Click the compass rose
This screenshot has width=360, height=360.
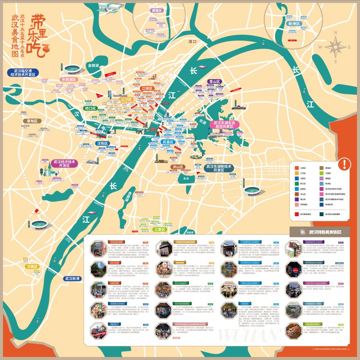click(x=336, y=46)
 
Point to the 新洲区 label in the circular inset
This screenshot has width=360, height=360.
click(x=294, y=23)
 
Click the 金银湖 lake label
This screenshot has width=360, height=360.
click(x=93, y=65)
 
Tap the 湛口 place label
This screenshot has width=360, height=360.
click(x=192, y=41)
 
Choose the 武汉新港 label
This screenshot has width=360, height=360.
click(x=72, y=278)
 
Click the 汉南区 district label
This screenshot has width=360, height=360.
click(x=32, y=267)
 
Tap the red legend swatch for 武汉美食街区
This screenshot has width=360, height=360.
click(x=297, y=214)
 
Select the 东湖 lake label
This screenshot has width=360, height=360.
click(x=202, y=122)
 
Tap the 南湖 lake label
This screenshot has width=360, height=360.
click(x=186, y=178)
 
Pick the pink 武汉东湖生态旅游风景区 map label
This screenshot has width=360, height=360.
click(x=224, y=125)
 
